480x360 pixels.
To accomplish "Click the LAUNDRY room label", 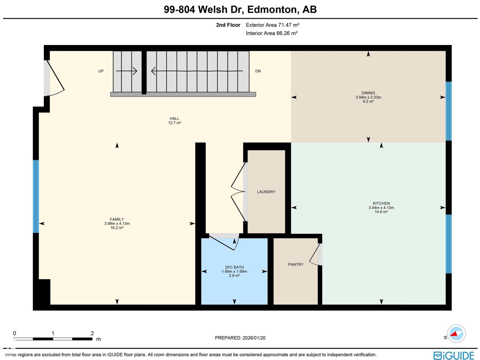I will (266, 192).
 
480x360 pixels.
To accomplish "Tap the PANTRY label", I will (295, 264).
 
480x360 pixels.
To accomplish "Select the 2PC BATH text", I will (234, 267).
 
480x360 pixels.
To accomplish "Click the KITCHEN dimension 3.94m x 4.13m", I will (381, 208).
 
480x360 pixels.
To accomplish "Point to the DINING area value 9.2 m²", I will (368, 101).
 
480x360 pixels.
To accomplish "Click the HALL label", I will (174, 118).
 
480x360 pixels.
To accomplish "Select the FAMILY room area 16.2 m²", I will (117, 228).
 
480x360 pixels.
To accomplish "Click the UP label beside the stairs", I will (101, 71).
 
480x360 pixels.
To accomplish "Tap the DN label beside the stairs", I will (258, 71).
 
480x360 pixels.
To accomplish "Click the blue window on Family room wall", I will (36, 196).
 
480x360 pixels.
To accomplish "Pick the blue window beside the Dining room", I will (448, 111).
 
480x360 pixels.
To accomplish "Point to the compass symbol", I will (456, 334).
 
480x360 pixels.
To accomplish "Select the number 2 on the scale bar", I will (92, 333).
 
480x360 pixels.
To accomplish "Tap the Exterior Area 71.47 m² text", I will (272, 25).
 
